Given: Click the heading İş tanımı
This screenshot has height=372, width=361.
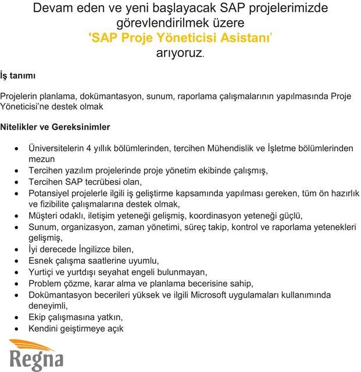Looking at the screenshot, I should click(18, 76).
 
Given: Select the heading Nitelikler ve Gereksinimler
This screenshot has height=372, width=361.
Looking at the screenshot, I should click(55, 127).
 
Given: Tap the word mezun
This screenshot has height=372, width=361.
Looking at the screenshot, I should click(42, 159).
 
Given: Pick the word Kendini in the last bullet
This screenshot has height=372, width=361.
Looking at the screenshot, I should click(45, 328).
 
